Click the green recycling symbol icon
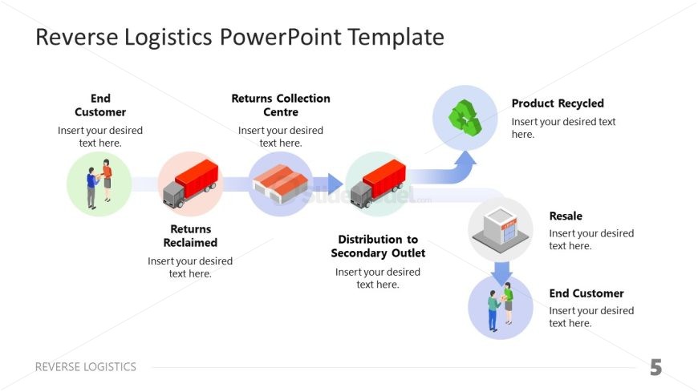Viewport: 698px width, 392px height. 465,118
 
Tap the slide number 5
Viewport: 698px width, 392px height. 655,368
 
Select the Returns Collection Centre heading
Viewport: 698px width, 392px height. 280,105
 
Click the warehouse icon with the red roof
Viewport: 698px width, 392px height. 280,184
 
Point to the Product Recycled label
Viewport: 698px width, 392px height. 557,103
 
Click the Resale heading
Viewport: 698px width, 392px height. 566,216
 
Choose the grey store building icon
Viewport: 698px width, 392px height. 500,228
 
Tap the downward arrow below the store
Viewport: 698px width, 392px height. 501,273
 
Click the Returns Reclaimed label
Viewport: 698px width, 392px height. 190,236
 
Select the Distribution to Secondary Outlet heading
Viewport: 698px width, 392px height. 378,246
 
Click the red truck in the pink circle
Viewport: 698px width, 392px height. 190,184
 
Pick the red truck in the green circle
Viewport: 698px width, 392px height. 378,184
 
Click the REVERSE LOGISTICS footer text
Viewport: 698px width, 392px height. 86,367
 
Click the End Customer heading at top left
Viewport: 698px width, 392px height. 100,105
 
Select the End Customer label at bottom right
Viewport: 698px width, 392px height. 586,293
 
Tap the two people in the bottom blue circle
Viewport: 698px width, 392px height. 500,307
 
